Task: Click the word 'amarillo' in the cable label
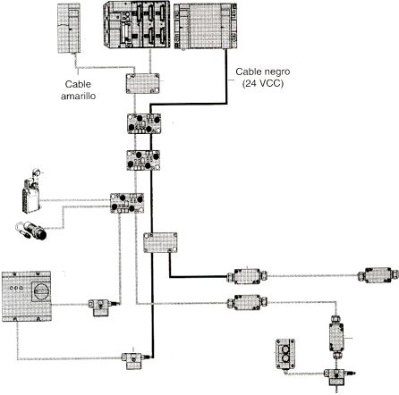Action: pyautogui.click(x=78, y=96)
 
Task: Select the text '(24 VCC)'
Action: pyautogui.click(x=262, y=83)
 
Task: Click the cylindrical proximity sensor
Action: pyautogui.click(x=31, y=231)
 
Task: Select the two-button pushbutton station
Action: pyautogui.click(x=285, y=354)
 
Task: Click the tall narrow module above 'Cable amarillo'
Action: pyautogui.click(x=69, y=29)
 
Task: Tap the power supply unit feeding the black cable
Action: pyautogui.click(x=206, y=26)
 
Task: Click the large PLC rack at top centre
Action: pyautogui.click(x=137, y=24)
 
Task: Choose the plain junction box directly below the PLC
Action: pyautogui.click(x=142, y=84)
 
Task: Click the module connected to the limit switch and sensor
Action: pyautogui.click(x=127, y=203)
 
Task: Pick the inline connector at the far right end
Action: pyautogui.click(x=378, y=274)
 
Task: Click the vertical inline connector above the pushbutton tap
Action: pyautogui.click(x=336, y=337)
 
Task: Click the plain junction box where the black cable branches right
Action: pyautogui.click(x=160, y=242)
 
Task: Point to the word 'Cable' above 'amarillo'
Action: pyautogui.click(x=78, y=84)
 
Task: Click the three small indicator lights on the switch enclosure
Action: pyautogui.click(x=16, y=288)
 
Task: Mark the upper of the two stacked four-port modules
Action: pyautogui.click(x=144, y=123)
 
